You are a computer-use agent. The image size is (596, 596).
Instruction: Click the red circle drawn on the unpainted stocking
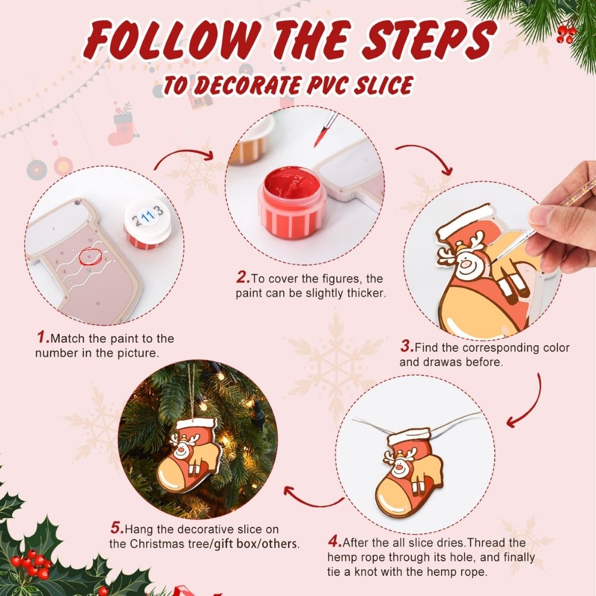(x=88, y=256)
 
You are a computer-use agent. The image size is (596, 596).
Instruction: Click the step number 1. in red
(x=43, y=338)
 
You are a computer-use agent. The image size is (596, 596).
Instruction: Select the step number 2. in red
(x=243, y=278)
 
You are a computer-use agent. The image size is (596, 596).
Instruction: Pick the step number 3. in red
(x=406, y=346)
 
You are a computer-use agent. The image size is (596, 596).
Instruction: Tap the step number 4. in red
(x=334, y=542)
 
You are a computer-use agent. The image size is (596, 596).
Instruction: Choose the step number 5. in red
(x=117, y=528)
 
